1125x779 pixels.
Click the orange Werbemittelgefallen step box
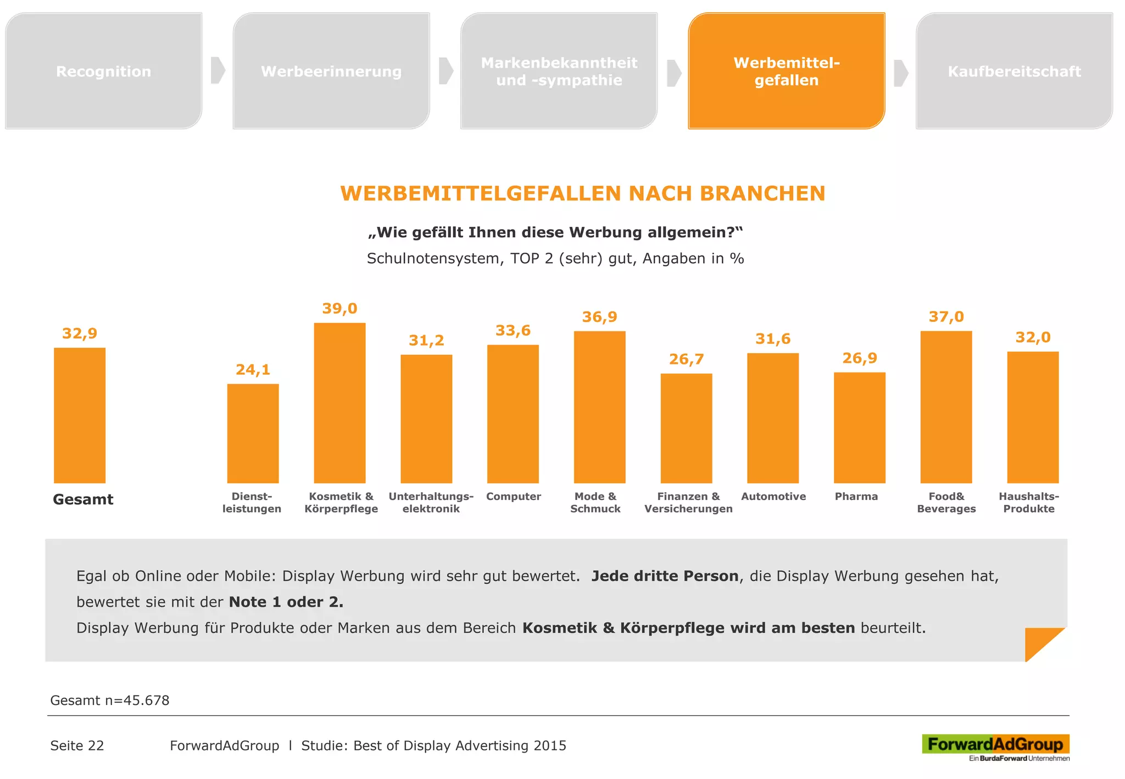tap(786, 71)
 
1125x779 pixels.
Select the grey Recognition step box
tap(103, 71)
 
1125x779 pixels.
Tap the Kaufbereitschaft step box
tap(1014, 71)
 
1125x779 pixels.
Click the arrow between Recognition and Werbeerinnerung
tap(218, 70)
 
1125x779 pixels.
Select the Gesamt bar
tap(80, 415)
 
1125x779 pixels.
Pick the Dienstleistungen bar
tap(253, 433)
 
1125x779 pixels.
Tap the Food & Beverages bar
tap(946, 407)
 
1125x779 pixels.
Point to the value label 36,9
tap(599, 317)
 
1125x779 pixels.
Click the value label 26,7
tap(686, 359)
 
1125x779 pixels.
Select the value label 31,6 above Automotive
tap(773, 339)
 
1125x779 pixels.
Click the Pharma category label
tap(856, 497)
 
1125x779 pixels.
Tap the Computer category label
tap(513, 497)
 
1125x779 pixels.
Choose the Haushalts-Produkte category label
tap(1029, 502)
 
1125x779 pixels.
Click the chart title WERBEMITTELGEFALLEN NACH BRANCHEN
tap(582, 193)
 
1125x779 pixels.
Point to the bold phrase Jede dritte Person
tap(665, 576)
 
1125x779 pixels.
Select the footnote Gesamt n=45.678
tap(110, 700)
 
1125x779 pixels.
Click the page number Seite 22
tap(77, 745)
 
